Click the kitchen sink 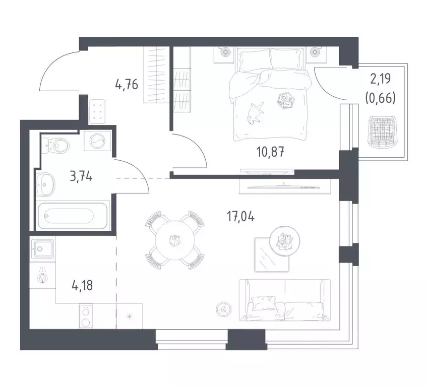[41, 248]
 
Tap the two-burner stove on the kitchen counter [86, 316]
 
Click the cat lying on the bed [256, 111]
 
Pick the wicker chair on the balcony [382, 132]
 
